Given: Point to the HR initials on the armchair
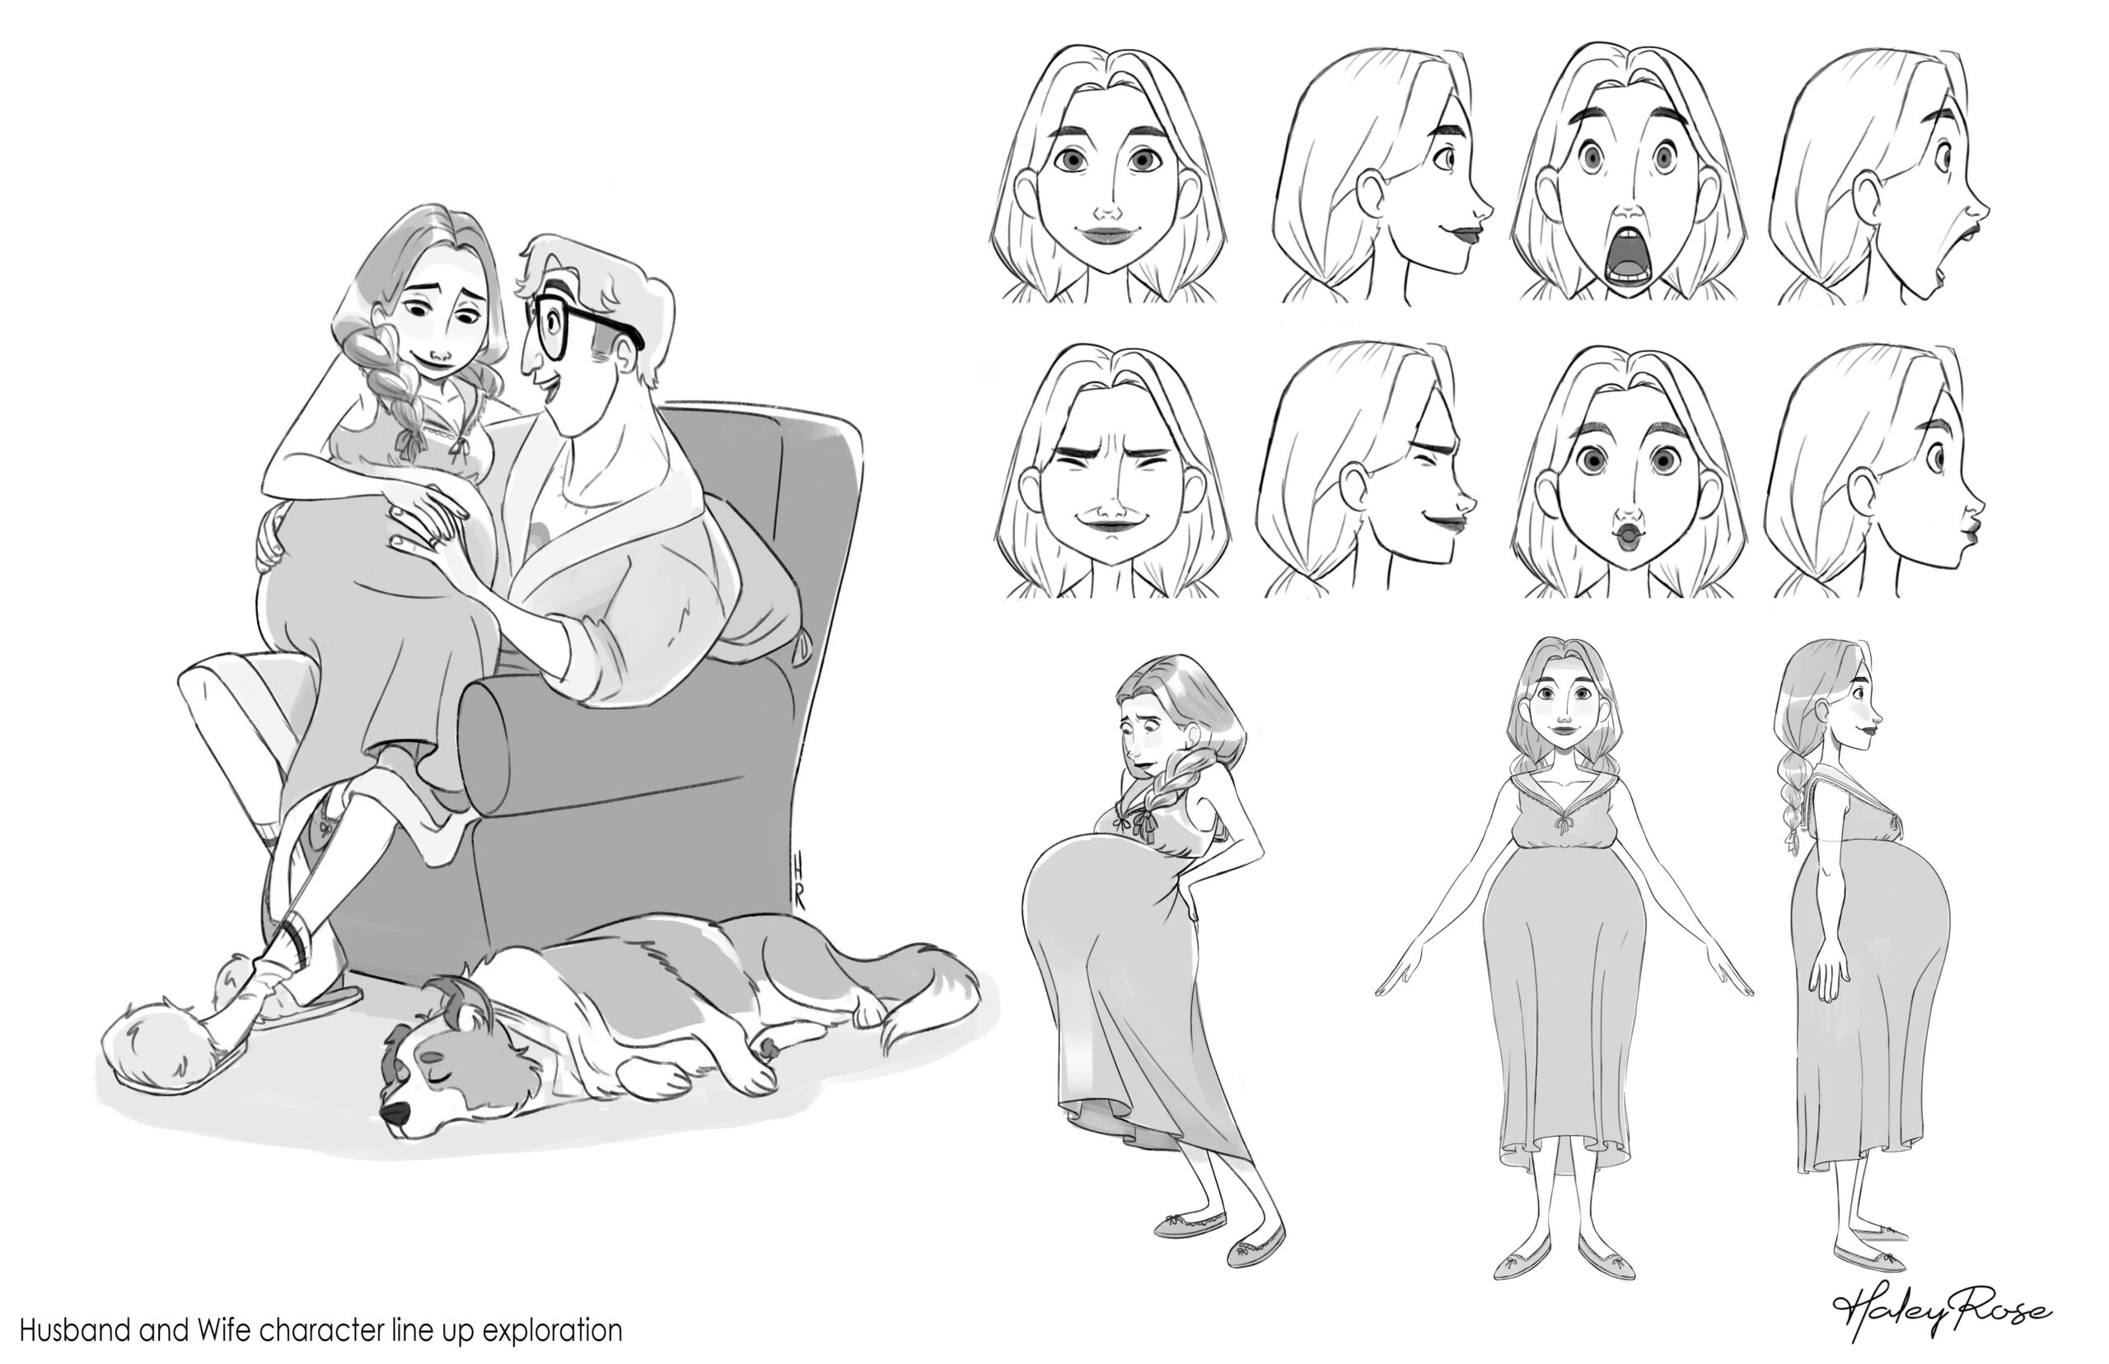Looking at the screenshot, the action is point(797,882).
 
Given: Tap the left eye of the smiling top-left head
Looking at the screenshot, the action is point(1072,161).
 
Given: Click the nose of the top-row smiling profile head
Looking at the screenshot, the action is point(1483,211).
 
